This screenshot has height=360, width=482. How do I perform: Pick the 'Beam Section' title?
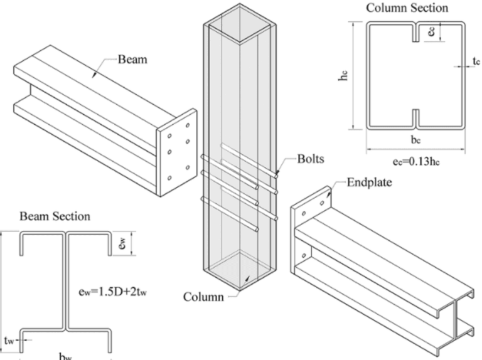coord(55,216)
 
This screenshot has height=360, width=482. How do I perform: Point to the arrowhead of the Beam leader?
coord(94,75)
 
